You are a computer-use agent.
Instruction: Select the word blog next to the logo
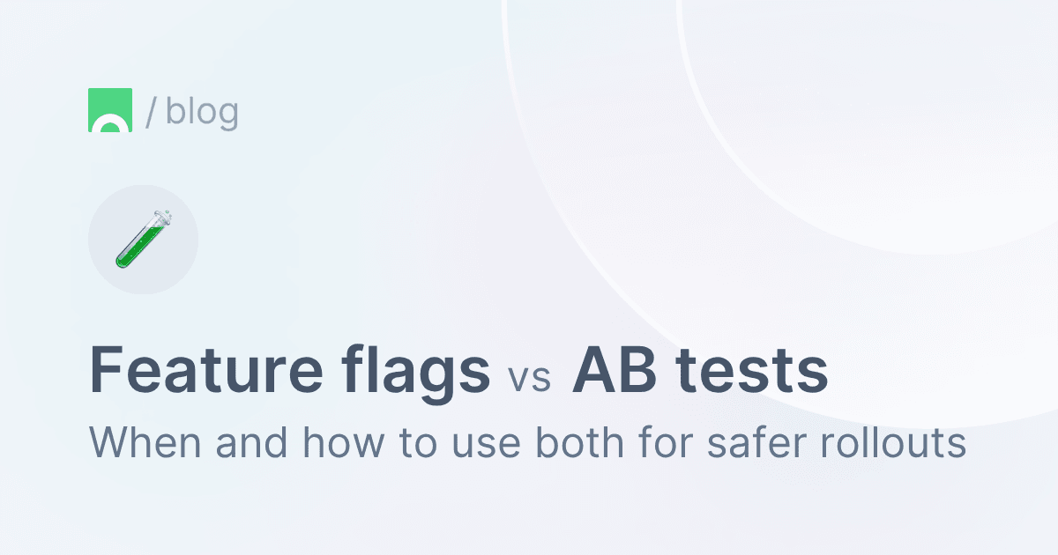[x=202, y=112]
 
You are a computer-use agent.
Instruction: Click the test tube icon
[x=143, y=239]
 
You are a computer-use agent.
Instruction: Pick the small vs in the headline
[x=529, y=378]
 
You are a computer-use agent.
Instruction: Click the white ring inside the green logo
[x=110, y=126]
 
